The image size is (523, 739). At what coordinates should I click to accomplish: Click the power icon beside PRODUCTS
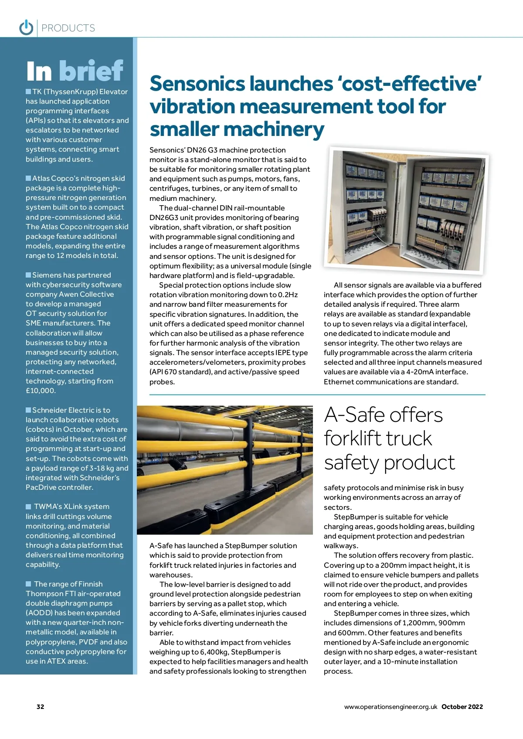[x=26, y=27]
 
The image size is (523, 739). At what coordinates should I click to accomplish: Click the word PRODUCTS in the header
[x=68, y=28]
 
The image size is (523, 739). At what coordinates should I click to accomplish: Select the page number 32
[x=40, y=707]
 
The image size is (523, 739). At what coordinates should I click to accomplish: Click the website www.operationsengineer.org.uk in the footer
[x=391, y=707]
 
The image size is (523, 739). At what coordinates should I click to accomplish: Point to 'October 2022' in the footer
[x=462, y=707]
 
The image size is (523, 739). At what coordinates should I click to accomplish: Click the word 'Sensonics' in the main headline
[x=198, y=84]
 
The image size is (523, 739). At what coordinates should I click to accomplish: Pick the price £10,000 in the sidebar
[x=41, y=391]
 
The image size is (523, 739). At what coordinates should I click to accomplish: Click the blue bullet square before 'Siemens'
[x=28, y=275]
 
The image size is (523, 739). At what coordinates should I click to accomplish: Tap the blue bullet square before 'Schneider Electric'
[x=28, y=410]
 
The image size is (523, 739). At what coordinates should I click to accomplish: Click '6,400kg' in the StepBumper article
[x=214, y=652]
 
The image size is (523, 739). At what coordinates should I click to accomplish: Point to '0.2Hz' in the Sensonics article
[x=288, y=295]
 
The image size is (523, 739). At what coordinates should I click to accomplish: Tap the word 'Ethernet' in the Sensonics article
[x=339, y=382]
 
